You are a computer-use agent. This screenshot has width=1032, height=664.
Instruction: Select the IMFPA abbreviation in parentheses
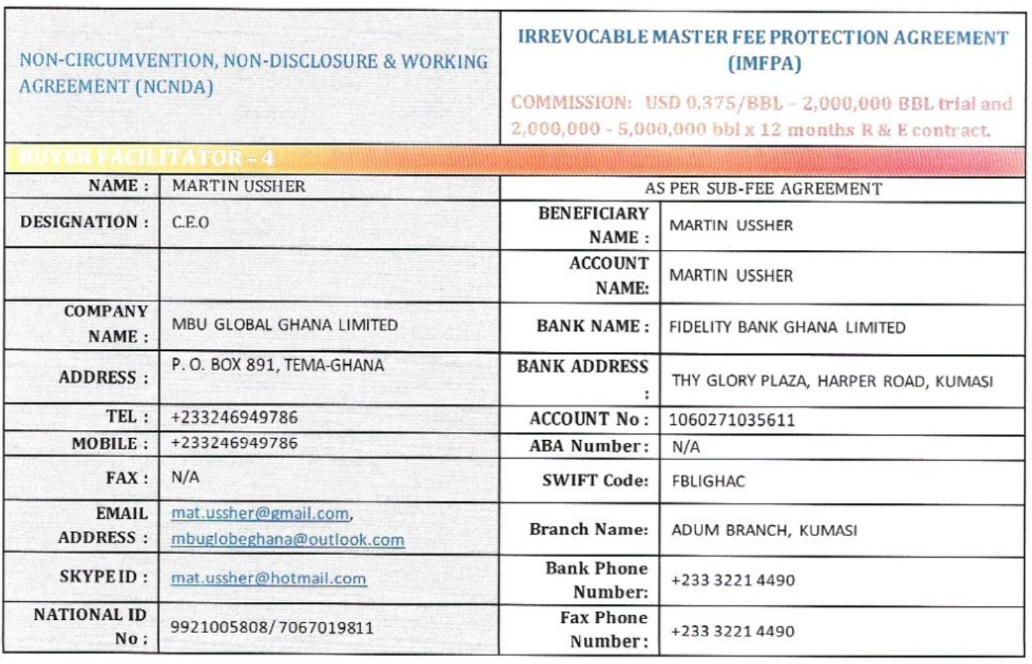pyautogui.click(x=764, y=64)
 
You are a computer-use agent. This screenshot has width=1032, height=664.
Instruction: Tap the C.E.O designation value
pyautogui.click(x=191, y=223)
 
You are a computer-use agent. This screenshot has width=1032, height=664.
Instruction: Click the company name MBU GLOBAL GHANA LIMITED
pyautogui.click(x=285, y=325)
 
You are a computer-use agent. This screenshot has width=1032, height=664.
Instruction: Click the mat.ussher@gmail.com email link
pyautogui.click(x=260, y=514)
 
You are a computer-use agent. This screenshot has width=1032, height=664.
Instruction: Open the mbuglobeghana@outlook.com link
pyautogui.click(x=288, y=540)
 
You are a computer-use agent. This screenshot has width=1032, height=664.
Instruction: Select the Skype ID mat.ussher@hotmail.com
pyautogui.click(x=268, y=579)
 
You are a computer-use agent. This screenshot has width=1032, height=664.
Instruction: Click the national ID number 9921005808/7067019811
pyautogui.click(x=272, y=627)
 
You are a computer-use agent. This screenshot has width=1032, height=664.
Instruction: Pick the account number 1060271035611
pyautogui.click(x=731, y=420)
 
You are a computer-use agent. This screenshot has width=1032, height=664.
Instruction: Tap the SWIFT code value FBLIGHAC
pyautogui.click(x=708, y=481)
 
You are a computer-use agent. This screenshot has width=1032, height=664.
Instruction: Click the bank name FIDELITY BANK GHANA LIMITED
pyautogui.click(x=787, y=327)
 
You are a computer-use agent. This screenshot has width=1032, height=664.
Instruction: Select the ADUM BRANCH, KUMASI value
pyautogui.click(x=764, y=530)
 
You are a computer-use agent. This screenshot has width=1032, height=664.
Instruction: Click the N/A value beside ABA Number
pyautogui.click(x=685, y=447)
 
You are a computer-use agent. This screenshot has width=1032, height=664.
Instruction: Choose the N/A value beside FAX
pyautogui.click(x=185, y=478)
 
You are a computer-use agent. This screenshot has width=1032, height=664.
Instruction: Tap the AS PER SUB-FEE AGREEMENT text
pyautogui.click(x=763, y=189)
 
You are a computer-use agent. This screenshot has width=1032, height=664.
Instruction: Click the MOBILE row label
pyautogui.click(x=110, y=444)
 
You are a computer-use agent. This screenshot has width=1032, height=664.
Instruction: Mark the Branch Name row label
pyautogui.click(x=588, y=530)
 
